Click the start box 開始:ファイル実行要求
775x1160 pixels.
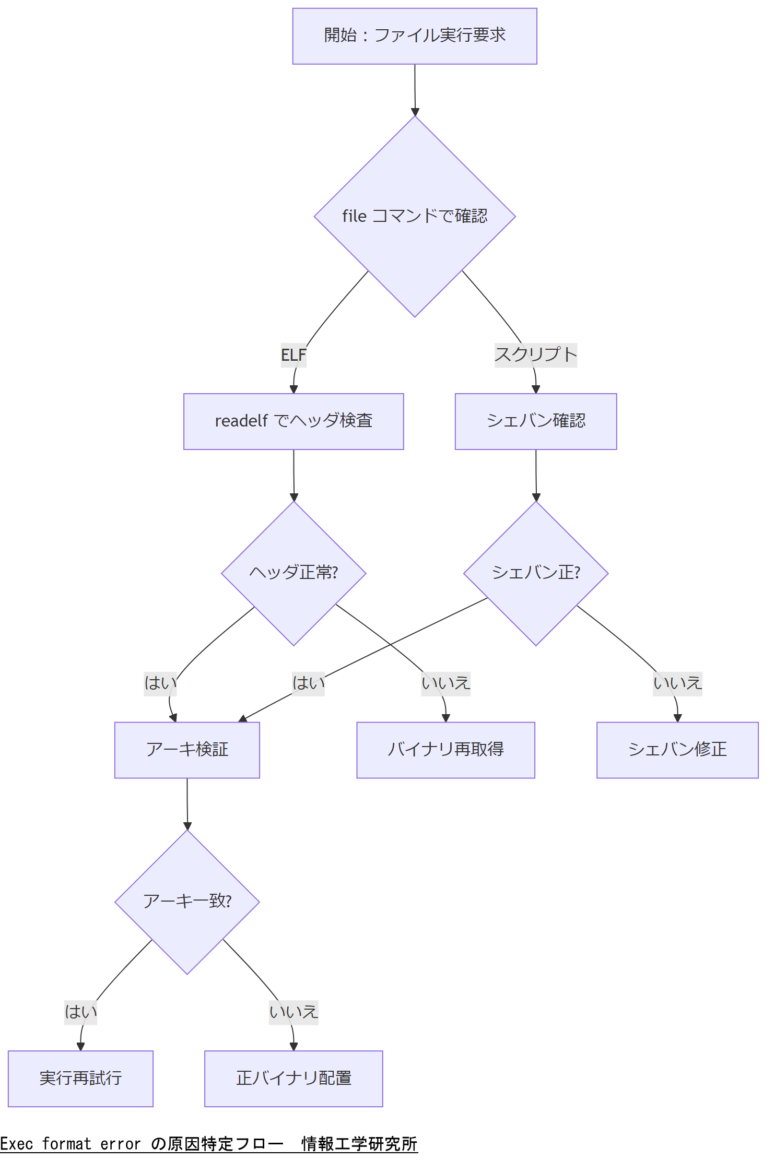click(x=415, y=36)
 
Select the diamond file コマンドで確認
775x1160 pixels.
click(x=415, y=216)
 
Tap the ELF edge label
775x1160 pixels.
click(x=293, y=355)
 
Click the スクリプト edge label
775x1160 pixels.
click(x=535, y=355)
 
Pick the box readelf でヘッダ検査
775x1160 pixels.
click(x=293, y=421)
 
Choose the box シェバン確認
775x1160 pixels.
click(x=536, y=421)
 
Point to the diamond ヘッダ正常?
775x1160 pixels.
click(x=293, y=573)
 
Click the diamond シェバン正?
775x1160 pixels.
click(x=536, y=573)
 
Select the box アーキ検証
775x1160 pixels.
click(x=187, y=750)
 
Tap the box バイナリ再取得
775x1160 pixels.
click(x=445, y=750)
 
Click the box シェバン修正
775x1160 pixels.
click(x=677, y=750)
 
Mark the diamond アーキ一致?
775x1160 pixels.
click(x=187, y=902)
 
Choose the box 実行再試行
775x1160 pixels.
click(x=80, y=1078)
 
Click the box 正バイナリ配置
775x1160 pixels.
click(x=293, y=1078)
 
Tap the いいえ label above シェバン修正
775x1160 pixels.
click(x=677, y=683)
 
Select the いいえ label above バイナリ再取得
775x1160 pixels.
click(x=445, y=683)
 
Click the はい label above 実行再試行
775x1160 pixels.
click(x=80, y=1012)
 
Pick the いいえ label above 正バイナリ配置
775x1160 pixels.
click(x=293, y=1012)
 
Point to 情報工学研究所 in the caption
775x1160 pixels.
click(x=359, y=1144)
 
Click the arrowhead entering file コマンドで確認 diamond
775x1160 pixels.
click(x=415, y=112)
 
